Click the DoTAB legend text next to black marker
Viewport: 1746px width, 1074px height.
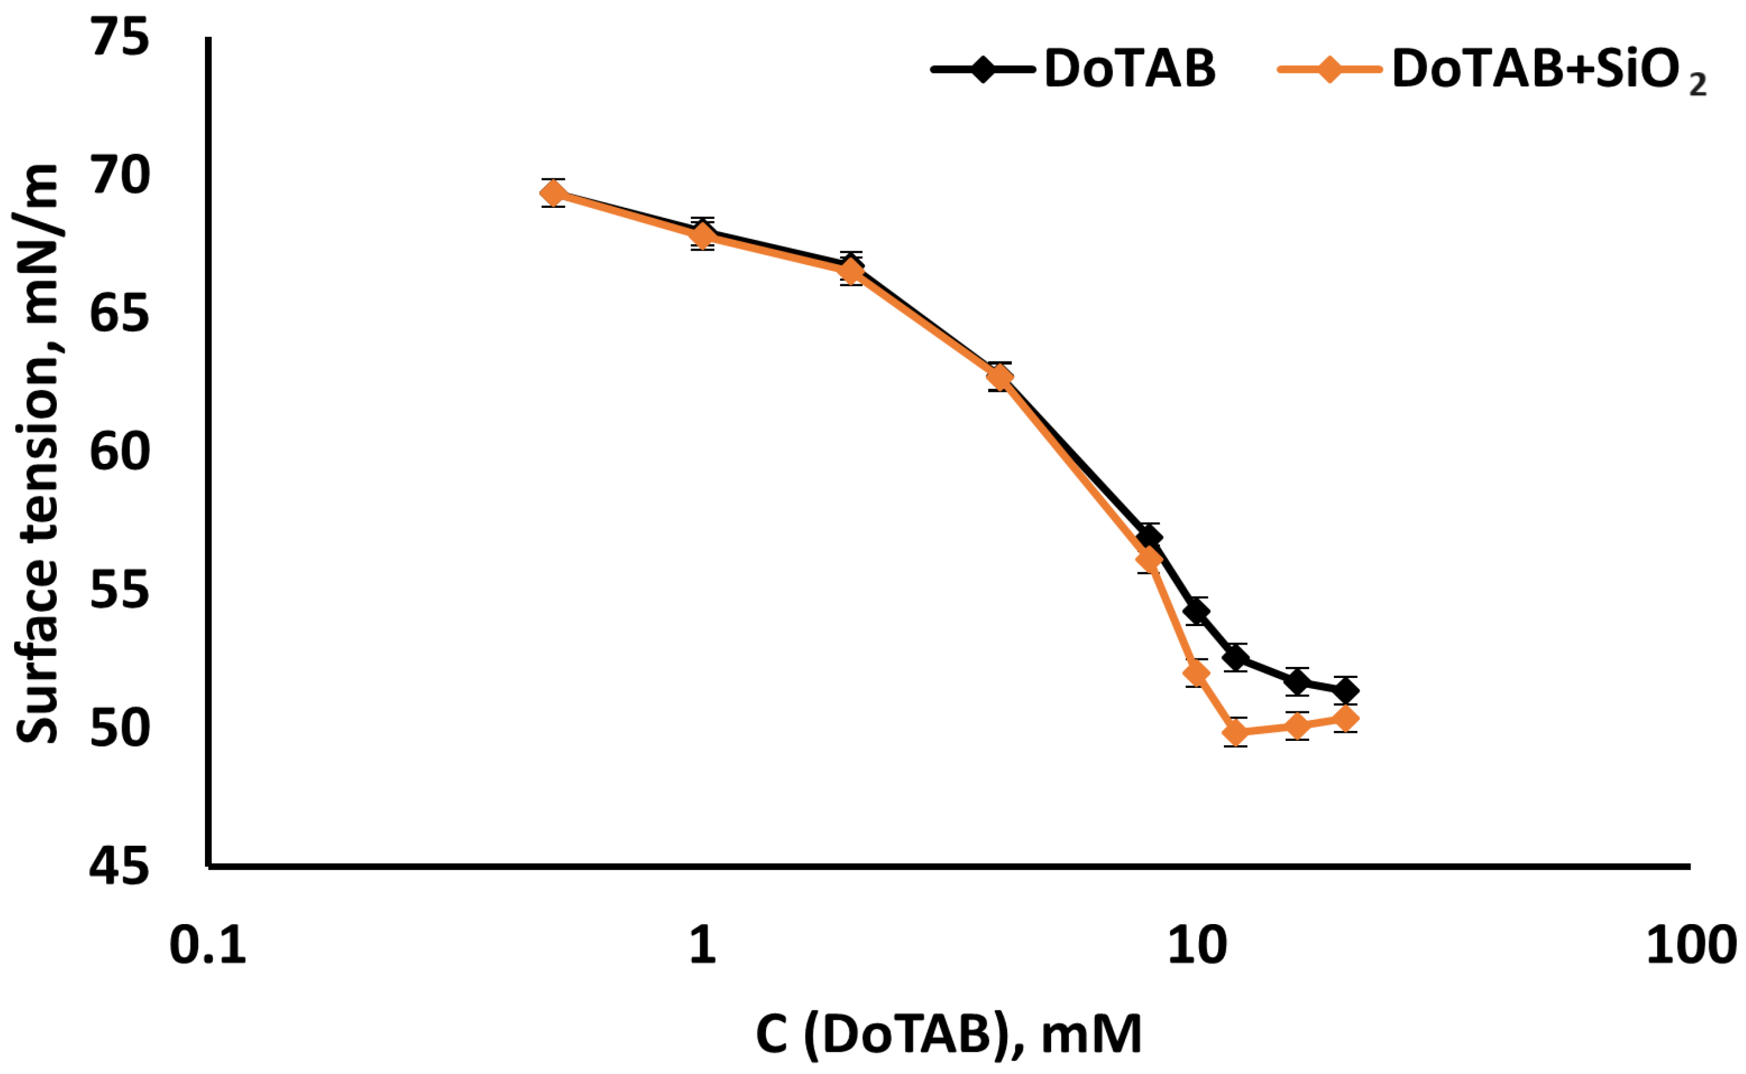tap(1130, 70)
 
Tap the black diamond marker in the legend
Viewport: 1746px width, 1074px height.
tap(983, 70)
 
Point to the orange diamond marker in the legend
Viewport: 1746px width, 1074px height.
tap(1329, 70)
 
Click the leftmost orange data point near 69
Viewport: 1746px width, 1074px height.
tap(553, 192)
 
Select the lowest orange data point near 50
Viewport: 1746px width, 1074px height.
tap(1236, 732)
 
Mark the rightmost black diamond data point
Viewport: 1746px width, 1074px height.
tap(1345, 690)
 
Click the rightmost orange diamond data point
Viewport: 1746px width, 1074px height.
tap(1345, 719)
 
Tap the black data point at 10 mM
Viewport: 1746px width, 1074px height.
tap(1197, 611)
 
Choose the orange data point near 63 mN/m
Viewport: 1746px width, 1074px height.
tap(1000, 377)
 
